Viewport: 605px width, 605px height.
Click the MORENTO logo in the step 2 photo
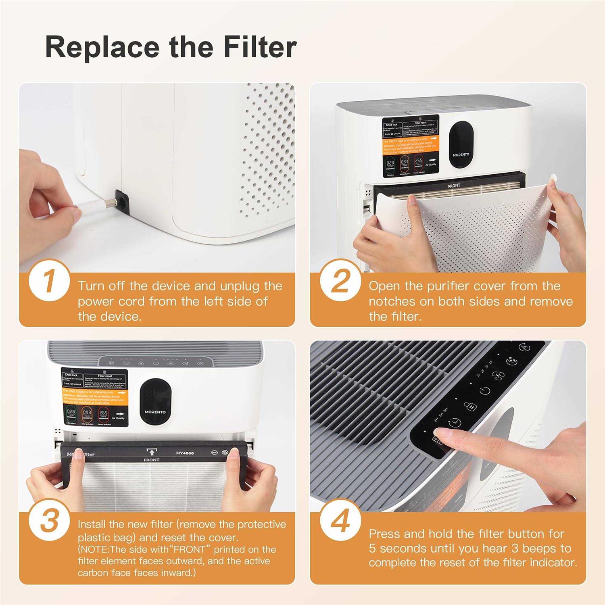[x=461, y=154]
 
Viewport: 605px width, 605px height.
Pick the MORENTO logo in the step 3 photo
[x=155, y=412]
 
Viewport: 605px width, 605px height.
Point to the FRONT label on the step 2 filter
[x=454, y=186]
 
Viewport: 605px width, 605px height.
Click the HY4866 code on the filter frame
[x=185, y=453]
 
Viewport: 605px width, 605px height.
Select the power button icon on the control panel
[x=484, y=390]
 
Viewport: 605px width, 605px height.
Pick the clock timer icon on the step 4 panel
[x=455, y=423]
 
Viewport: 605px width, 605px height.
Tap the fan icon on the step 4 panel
[x=497, y=375]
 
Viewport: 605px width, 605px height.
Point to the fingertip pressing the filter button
[x=442, y=435]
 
